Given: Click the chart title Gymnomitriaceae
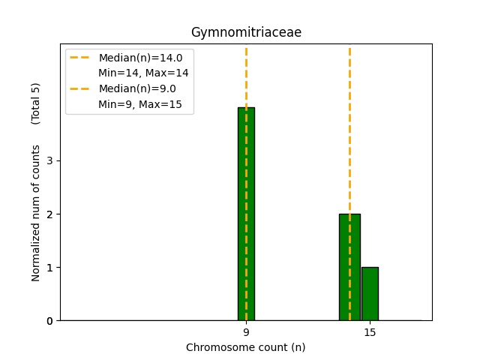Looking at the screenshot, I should click(246, 33).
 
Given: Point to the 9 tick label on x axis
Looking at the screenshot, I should click(246, 332).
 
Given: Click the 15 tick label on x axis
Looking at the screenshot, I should click(370, 332).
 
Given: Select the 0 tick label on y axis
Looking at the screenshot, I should click(49, 321).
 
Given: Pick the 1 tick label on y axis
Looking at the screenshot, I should click(49, 268).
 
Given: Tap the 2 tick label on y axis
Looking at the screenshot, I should click(49, 214).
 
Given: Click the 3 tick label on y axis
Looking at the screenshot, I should click(49, 160).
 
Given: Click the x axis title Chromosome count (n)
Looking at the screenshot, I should click(246, 347).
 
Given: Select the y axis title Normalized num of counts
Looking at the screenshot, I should click(36, 213).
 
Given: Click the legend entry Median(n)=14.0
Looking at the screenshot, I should click(140, 58).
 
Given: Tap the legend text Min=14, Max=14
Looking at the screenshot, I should click(143, 73).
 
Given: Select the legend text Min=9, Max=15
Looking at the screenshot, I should click(140, 104).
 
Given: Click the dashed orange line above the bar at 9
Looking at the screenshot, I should click(246, 75).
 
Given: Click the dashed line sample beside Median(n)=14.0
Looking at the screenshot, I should click(80, 58).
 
